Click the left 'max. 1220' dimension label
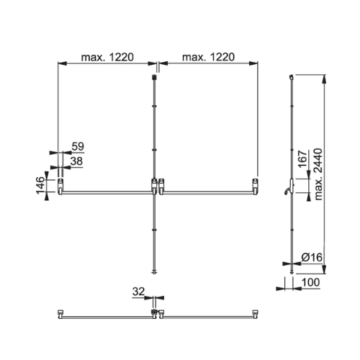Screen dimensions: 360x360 [x=107, y=58]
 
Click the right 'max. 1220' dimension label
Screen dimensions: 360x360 [x=208, y=58]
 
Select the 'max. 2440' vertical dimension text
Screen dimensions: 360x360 [x=318, y=174]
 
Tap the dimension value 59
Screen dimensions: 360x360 [x=78, y=146]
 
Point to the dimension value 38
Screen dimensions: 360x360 [x=76, y=161]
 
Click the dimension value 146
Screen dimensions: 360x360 [x=40, y=185]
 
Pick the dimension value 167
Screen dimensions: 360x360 [x=303, y=159]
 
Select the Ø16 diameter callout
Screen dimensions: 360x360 [x=312, y=257]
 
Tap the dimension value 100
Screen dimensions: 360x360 [x=310, y=282]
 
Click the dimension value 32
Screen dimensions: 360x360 [x=138, y=292]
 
